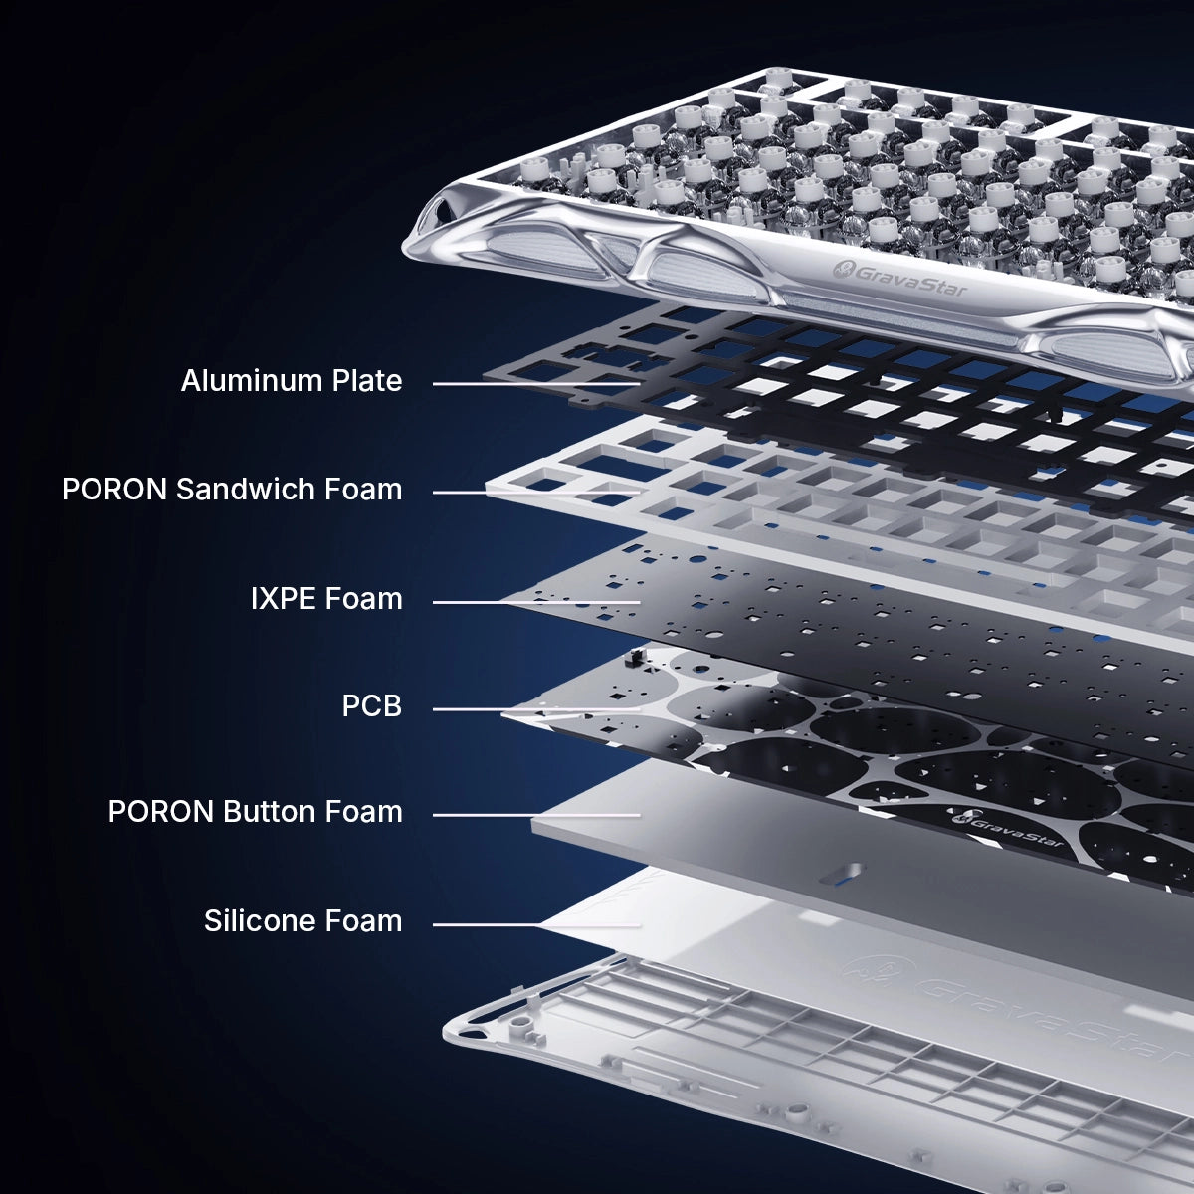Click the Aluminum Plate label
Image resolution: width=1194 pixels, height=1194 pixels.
(x=292, y=380)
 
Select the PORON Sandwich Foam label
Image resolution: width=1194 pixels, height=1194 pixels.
(x=232, y=490)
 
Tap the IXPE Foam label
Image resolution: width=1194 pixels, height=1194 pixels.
(x=326, y=599)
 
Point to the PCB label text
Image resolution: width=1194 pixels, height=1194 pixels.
(x=372, y=706)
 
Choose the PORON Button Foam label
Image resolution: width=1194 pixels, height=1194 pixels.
(x=256, y=812)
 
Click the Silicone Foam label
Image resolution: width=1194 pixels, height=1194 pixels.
(x=303, y=921)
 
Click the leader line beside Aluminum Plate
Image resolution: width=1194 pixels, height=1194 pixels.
(x=536, y=384)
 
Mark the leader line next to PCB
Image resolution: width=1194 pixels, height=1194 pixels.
(x=536, y=709)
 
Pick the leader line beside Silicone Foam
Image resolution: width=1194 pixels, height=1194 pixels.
(x=536, y=925)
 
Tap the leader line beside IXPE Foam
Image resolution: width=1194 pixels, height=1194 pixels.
(x=536, y=602)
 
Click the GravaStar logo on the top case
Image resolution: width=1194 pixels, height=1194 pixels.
(x=899, y=279)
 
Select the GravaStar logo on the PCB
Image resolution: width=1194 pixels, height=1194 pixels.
(x=1008, y=827)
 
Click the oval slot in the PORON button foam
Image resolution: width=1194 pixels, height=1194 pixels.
(x=841, y=875)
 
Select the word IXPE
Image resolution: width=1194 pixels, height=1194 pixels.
(x=284, y=599)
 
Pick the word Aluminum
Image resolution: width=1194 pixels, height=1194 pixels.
(x=252, y=380)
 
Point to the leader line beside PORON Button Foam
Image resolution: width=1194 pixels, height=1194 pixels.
(x=536, y=816)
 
